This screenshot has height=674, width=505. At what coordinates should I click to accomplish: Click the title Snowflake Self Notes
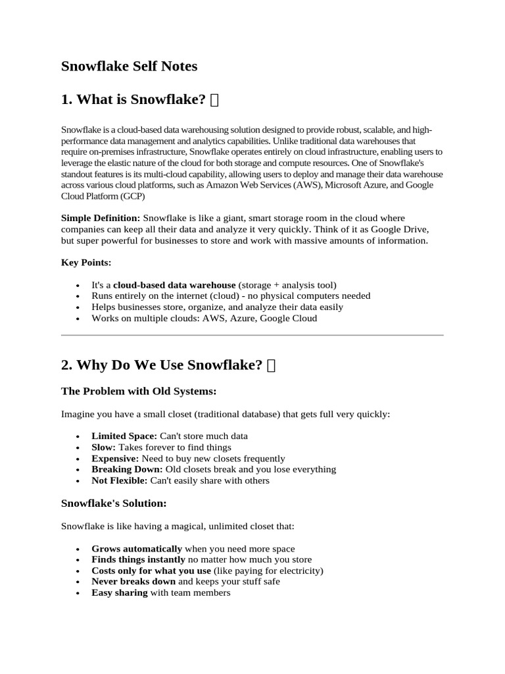[129, 66]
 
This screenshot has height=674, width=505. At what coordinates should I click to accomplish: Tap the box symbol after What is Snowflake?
[214, 100]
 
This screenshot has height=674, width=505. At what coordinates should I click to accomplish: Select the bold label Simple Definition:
[101, 218]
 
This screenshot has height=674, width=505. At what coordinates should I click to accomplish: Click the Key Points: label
[86, 263]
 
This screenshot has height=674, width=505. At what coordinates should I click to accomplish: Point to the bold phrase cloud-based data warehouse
[174, 285]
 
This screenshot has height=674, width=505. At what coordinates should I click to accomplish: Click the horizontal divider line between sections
[252, 335]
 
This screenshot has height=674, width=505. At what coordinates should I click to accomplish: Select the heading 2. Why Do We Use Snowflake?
[162, 365]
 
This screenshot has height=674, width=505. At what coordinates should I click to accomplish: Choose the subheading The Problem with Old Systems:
[139, 392]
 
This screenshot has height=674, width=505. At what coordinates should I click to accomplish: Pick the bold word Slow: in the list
[103, 448]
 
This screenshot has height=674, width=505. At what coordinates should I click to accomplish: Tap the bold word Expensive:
[115, 459]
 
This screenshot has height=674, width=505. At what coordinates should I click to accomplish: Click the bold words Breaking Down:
[127, 469]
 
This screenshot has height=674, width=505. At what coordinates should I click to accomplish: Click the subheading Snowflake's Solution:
[114, 504]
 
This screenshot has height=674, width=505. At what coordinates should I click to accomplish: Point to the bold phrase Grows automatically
[137, 549]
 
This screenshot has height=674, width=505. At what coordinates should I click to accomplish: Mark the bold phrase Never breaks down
[133, 582]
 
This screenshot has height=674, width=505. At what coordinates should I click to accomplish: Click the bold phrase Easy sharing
[120, 593]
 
